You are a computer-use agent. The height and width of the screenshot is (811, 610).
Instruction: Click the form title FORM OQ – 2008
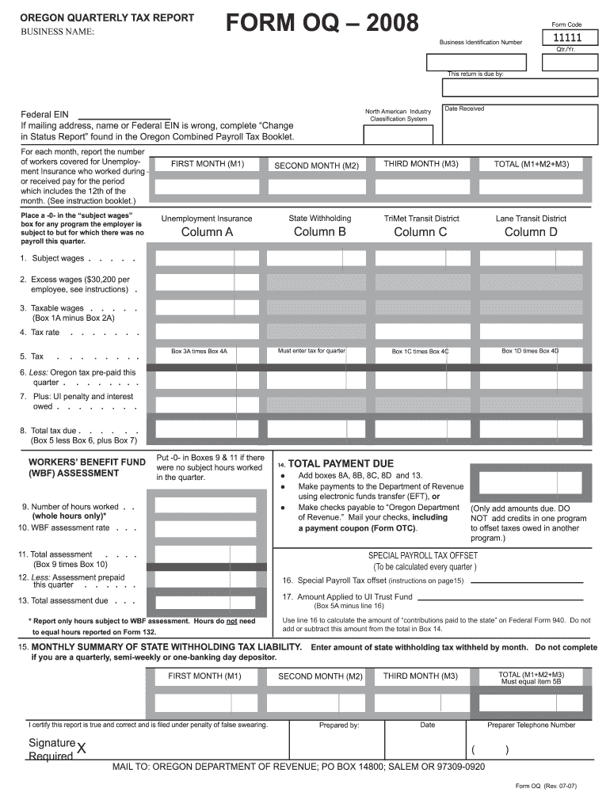pos(322,25)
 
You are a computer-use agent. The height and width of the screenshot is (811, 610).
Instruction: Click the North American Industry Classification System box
pos(398,134)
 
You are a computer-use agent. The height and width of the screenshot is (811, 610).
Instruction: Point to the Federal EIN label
pos(44,115)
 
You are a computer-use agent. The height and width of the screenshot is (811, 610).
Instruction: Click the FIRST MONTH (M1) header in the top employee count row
pos(208,165)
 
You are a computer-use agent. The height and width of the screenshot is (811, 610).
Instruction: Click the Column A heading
pos(207,232)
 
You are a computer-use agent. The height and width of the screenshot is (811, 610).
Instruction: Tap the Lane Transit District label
pos(531,219)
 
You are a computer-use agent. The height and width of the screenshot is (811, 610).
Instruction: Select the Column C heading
pos(421,232)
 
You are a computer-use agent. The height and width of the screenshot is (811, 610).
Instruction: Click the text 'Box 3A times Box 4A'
pos(199,351)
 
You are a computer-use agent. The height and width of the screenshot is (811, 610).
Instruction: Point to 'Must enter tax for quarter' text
pos(311,350)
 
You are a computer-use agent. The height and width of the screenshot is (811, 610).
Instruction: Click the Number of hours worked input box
pos(194,506)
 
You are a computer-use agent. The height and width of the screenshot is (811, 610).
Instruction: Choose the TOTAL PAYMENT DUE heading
pos(341,463)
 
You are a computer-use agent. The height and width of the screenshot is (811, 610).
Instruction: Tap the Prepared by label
pos(339,725)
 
